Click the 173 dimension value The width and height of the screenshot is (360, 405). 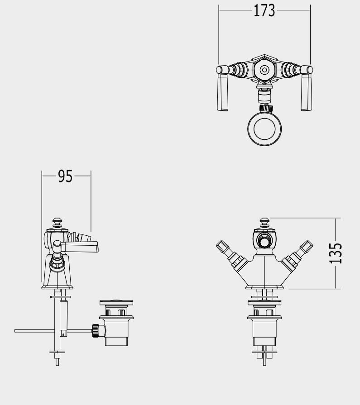264,11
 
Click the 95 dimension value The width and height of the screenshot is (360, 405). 65,176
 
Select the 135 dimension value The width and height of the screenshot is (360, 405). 336,253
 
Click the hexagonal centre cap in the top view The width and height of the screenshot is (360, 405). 264,70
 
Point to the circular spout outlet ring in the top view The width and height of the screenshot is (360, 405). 264,129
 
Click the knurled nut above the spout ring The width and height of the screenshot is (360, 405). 266,108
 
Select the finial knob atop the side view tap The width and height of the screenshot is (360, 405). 57,223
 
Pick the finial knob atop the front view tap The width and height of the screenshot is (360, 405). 264,223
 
